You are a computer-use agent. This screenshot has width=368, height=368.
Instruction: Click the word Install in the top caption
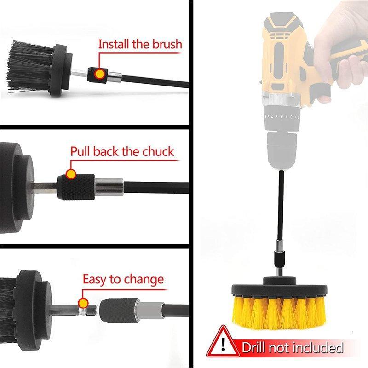point(114,44)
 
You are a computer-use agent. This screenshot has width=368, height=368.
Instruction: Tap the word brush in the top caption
point(167,44)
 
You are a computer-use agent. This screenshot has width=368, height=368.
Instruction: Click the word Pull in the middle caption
point(80,151)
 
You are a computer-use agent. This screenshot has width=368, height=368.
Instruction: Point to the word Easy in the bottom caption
point(95,280)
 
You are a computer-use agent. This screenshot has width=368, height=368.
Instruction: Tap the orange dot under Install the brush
point(99,74)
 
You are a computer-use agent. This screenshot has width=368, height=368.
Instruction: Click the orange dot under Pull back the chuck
point(71,174)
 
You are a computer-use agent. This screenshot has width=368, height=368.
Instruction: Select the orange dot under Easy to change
point(83,303)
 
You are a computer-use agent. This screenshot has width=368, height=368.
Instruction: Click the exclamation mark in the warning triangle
point(224,344)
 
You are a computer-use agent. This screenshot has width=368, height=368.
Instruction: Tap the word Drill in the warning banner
point(254,347)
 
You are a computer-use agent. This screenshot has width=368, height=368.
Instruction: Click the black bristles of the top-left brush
point(29,66)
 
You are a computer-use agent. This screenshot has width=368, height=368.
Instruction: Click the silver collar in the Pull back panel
point(109,187)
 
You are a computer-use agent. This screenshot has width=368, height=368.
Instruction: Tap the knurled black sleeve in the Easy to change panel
point(119,310)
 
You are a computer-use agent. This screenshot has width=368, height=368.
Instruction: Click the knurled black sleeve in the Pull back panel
point(76,187)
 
